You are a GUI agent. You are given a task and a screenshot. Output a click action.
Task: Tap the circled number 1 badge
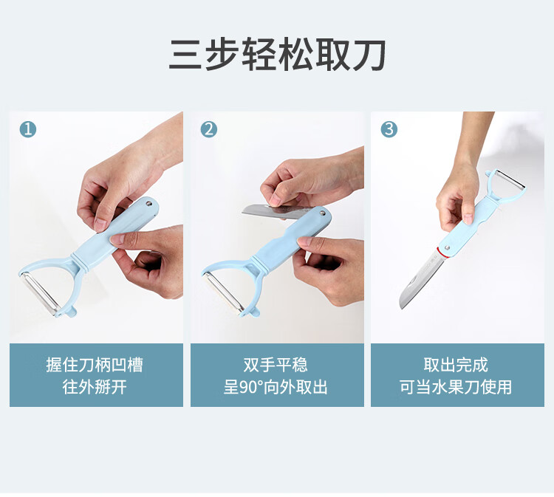(28, 129)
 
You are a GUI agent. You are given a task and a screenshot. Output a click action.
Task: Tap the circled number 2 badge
(209, 129)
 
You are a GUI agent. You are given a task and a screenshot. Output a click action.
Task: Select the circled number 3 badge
(389, 129)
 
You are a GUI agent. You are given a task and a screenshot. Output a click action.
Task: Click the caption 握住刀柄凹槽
(95, 365)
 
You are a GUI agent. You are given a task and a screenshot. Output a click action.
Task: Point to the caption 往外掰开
(95, 387)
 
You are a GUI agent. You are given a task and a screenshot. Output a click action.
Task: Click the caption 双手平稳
(276, 365)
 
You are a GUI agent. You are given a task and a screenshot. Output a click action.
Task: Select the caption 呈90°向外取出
(276, 387)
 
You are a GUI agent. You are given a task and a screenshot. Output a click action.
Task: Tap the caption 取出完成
(456, 365)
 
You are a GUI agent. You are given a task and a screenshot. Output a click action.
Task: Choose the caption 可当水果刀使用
(456, 387)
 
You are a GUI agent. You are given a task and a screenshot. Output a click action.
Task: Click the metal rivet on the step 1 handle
(148, 203)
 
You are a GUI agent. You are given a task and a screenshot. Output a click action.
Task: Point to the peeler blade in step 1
(40, 292)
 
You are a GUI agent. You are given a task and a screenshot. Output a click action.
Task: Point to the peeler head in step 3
(505, 185)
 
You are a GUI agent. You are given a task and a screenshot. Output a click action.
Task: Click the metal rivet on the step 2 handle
(322, 213)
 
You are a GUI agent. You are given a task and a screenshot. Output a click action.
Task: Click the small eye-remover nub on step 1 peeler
(72, 312)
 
